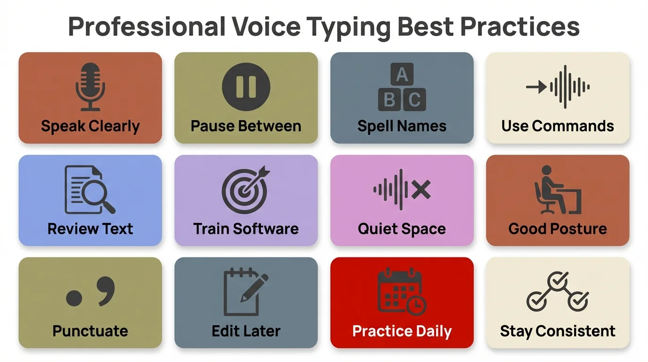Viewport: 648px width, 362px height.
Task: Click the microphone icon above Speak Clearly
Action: (x=90, y=87)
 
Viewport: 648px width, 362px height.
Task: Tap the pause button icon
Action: (x=246, y=87)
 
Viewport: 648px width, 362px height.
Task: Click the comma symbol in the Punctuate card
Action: (x=106, y=290)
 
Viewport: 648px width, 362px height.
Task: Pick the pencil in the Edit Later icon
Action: (x=254, y=287)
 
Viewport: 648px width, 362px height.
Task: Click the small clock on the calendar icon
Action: (x=416, y=306)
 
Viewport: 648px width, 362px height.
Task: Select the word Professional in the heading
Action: (x=146, y=27)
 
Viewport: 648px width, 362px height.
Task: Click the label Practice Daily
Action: (x=402, y=331)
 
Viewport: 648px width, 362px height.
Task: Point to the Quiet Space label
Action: (x=402, y=229)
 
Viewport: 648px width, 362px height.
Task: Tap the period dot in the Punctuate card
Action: (x=74, y=298)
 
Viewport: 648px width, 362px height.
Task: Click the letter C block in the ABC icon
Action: (x=414, y=100)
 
